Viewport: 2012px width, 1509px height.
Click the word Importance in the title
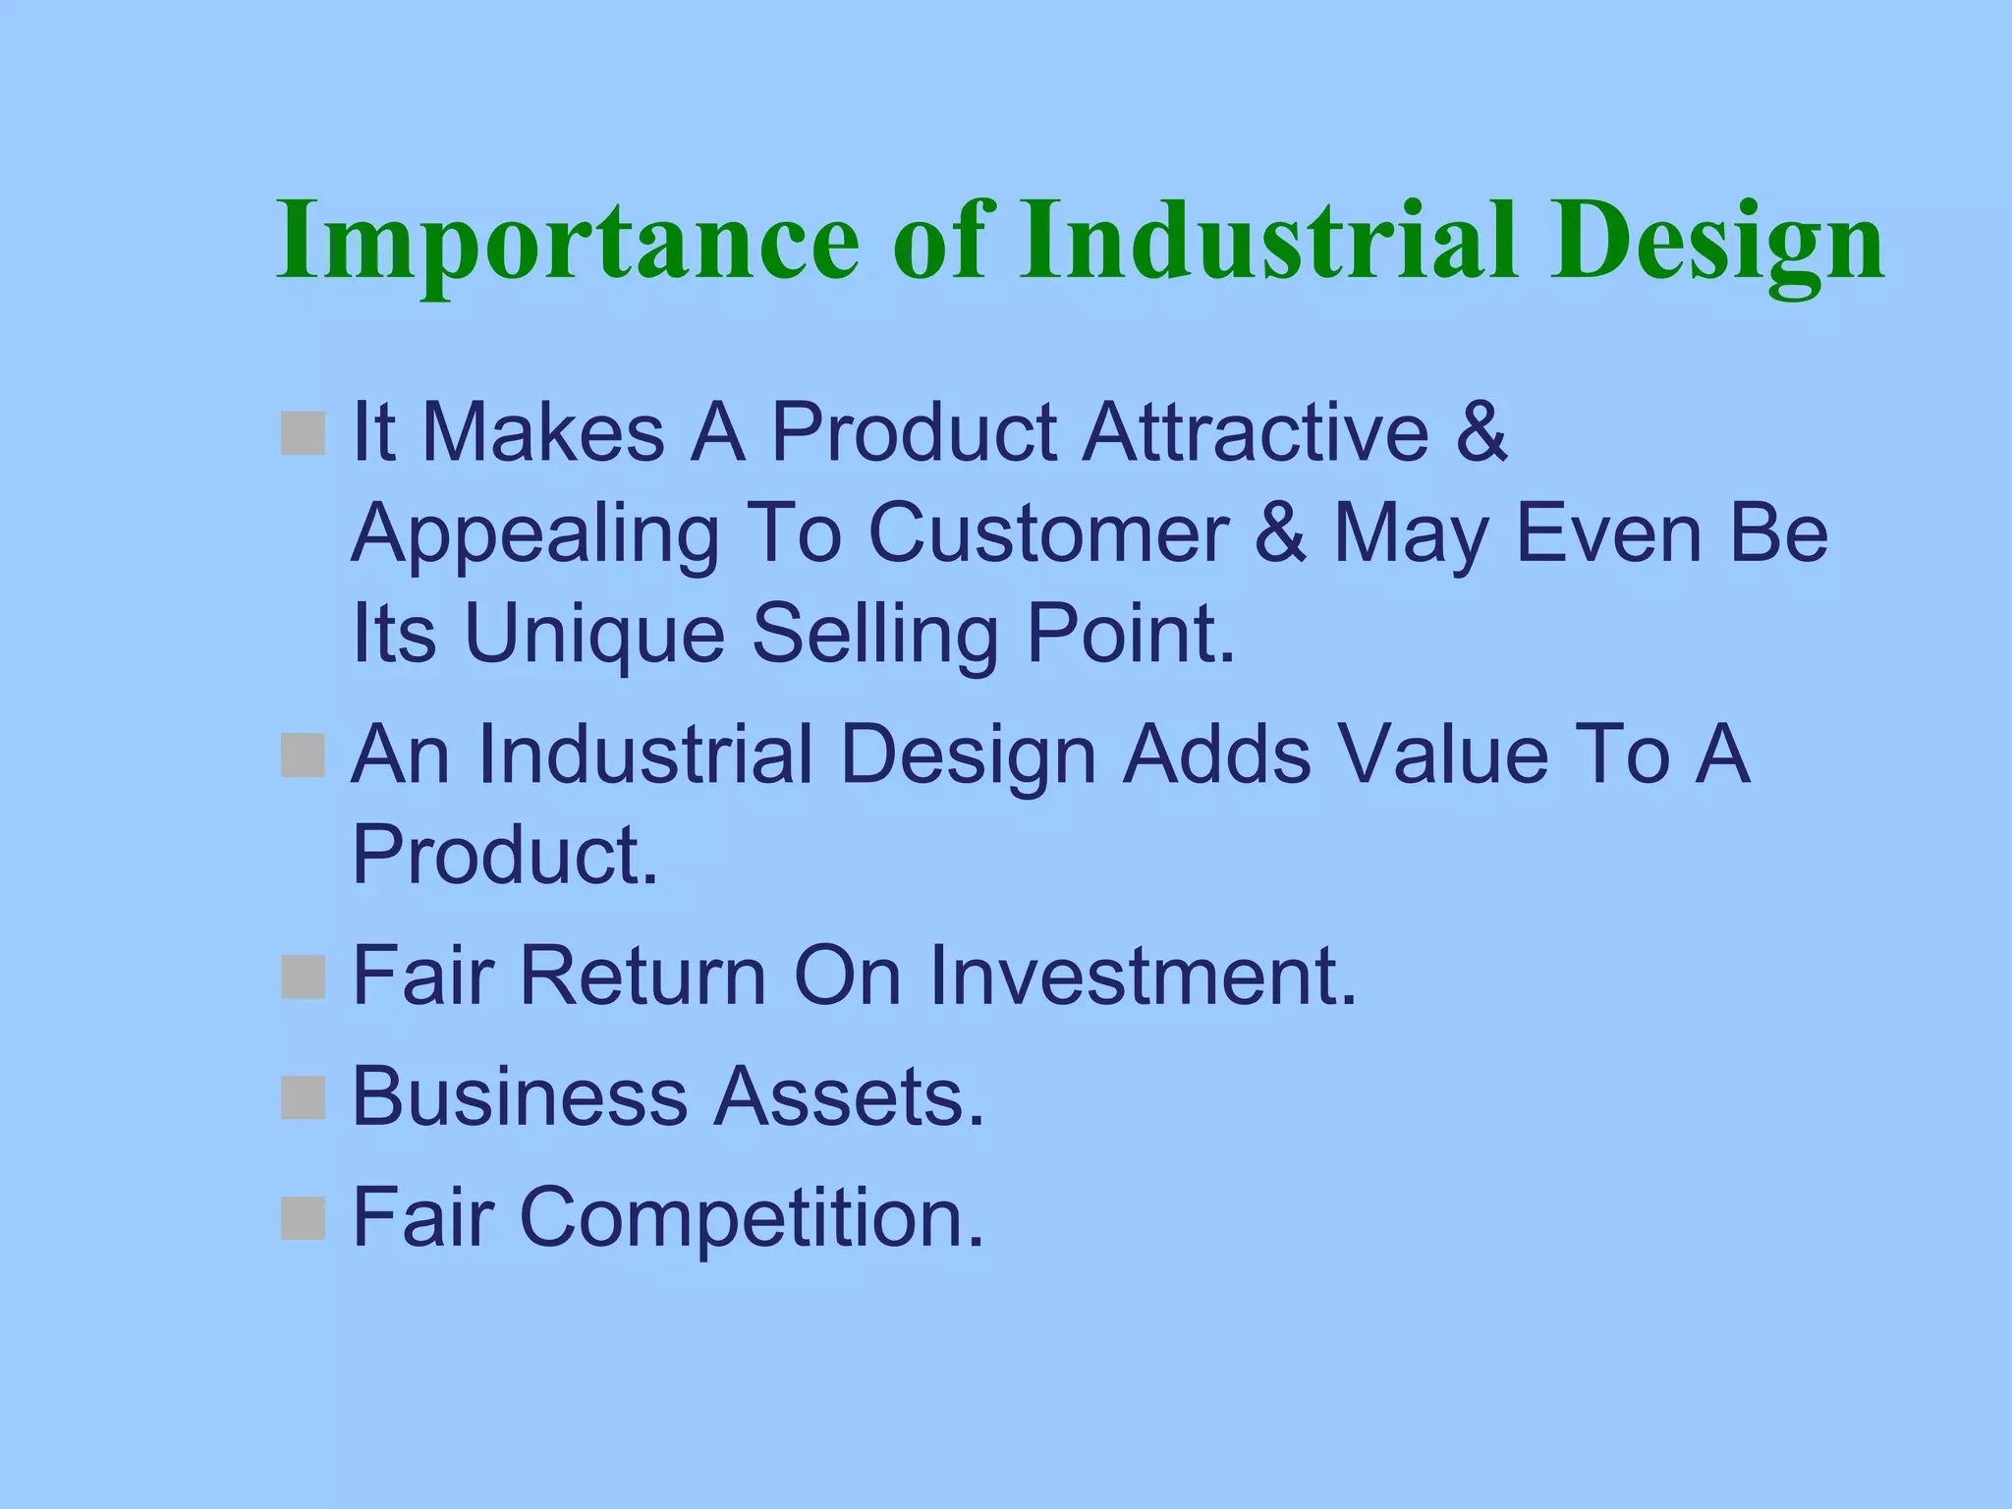click(x=568, y=241)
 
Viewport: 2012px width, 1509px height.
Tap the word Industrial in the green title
click(x=1267, y=241)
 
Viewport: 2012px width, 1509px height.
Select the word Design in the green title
click(x=1716, y=241)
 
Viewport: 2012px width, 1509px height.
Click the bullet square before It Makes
click(x=303, y=433)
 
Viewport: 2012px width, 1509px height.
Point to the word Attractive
click(x=1256, y=432)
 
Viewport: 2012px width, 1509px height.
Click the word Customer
click(x=1047, y=533)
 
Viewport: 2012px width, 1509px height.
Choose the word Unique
click(x=594, y=634)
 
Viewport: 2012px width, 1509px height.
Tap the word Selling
click(x=875, y=634)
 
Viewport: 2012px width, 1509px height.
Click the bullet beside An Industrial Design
click(x=303, y=755)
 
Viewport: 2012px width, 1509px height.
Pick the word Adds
click(x=1216, y=754)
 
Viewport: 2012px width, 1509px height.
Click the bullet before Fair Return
click(x=303, y=977)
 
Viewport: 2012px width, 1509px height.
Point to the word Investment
click(x=1143, y=976)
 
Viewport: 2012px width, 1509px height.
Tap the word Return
click(x=643, y=976)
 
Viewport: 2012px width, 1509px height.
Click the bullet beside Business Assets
click(x=303, y=1097)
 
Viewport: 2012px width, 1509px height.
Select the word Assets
click(x=849, y=1096)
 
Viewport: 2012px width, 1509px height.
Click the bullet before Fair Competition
click(x=303, y=1218)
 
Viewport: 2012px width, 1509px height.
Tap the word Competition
click(x=751, y=1218)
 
